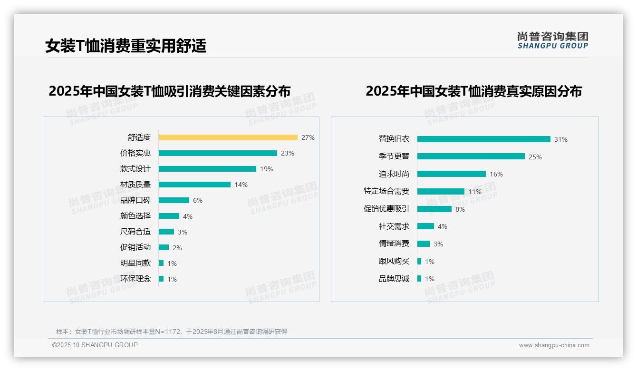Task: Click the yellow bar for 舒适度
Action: pos(228,137)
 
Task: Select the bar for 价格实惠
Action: pos(218,153)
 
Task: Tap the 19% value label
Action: pos(267,169)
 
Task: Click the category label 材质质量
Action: pos(135,185)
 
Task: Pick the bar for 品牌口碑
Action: pos(174,200)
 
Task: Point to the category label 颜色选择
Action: pos(135,216)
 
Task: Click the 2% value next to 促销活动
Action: pos(177,248)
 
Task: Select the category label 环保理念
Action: pos(135,279)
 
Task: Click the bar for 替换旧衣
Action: pos(483,139)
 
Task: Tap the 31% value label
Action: pos(561,139)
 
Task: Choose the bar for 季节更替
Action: pos(471,156)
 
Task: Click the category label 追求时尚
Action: pos(394,174)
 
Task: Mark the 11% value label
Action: pos(475,192)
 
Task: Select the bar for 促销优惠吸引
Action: pos(434,209)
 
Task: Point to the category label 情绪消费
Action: pos(394,244)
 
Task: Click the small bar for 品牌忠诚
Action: pos(419,279)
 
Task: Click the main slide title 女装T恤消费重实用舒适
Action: pos(126,46)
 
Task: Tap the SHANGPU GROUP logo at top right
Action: pos(553,40)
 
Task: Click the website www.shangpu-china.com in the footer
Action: pos(554,345)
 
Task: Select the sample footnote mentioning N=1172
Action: pos(172,332)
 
